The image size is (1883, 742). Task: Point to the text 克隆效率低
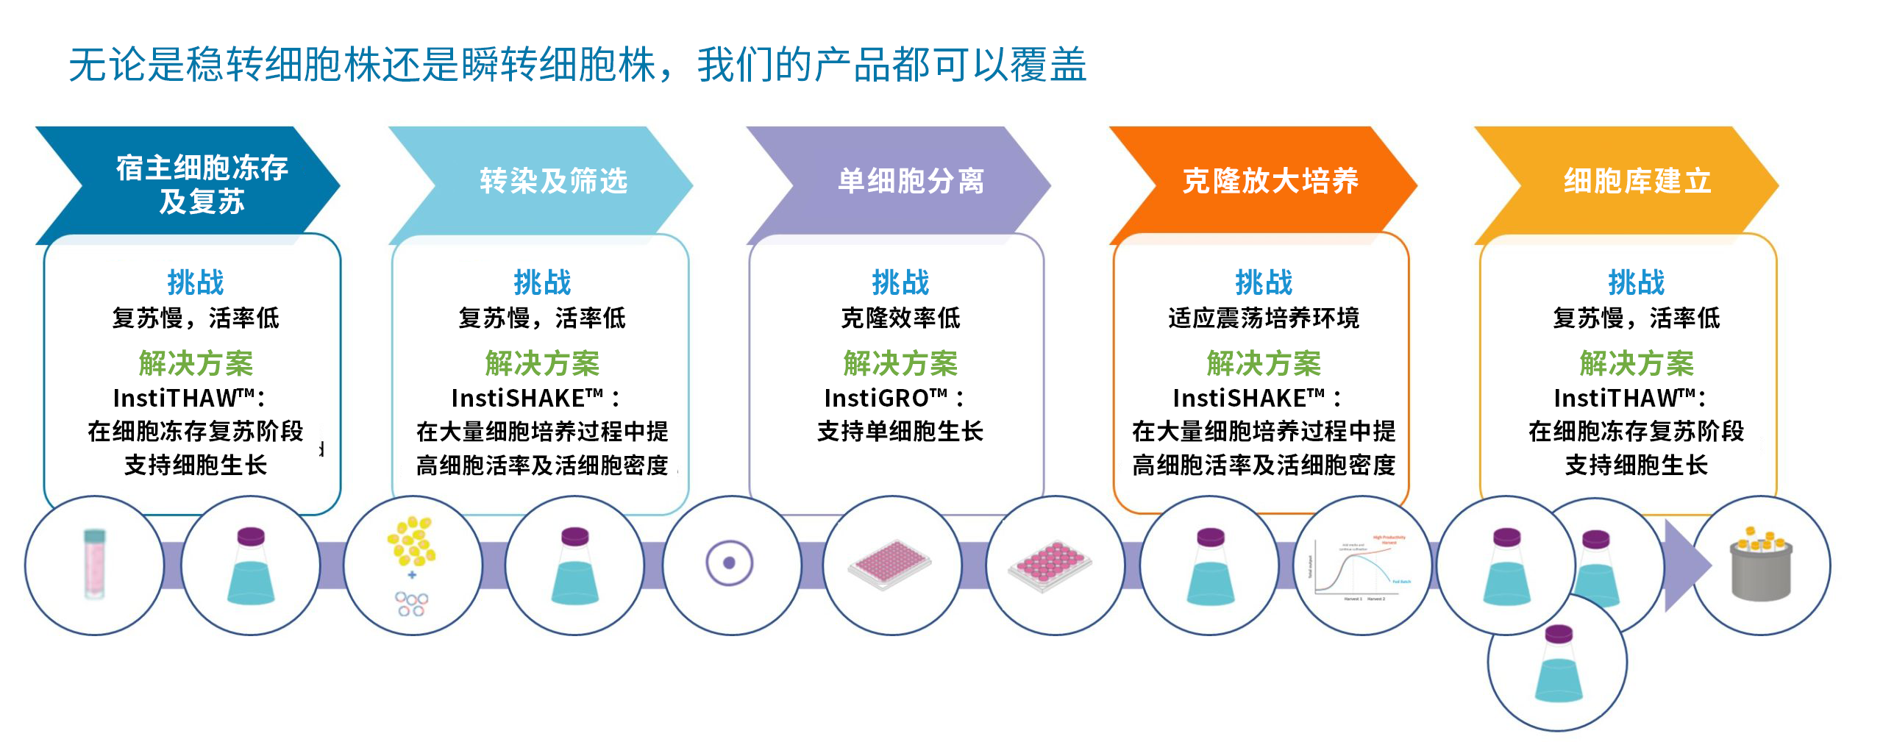click(900, 318)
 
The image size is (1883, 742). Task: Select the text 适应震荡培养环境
click(1264, 318)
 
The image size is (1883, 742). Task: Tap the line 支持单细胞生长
click(900, 432)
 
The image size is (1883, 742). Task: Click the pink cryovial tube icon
click(94, 564)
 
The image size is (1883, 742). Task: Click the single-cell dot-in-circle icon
click(729, 563)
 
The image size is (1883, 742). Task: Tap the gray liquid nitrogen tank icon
click(1762, 568)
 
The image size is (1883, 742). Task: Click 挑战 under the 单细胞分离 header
click(900, 282)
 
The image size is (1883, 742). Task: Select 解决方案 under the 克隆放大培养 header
click(1264, 363)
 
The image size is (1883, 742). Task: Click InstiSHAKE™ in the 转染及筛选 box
click(527, 399)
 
